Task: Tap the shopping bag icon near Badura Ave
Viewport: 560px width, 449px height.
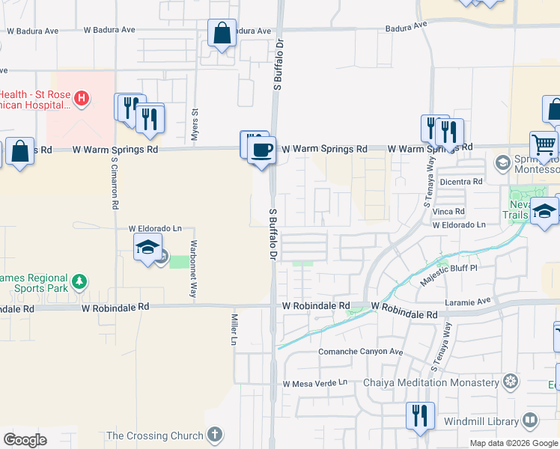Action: (x=222, y=33)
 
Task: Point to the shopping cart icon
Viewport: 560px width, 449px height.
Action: (x=544, y=144)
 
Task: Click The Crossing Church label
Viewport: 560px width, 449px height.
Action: (x=155, y=436)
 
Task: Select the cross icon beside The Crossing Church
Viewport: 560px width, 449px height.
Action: (x=214, y=434)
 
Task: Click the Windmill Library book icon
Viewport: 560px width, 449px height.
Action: (x=530, y=421)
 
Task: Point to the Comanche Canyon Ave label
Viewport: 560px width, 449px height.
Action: (x=361, y=352)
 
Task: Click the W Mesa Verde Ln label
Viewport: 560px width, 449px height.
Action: (x=315, y=383)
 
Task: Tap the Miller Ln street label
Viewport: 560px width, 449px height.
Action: (x=233, y=329)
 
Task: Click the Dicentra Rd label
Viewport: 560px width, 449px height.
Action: (x=461, y=182)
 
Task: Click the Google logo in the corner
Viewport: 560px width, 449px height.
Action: (x=25, y=440)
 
